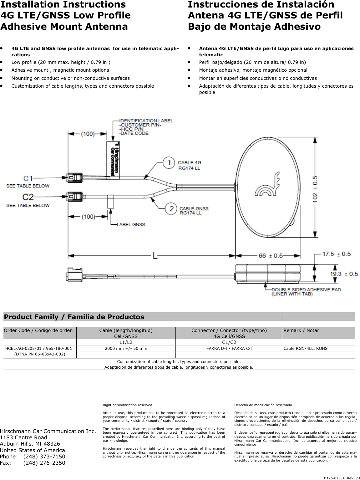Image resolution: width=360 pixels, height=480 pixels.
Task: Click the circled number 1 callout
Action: pos(169,163)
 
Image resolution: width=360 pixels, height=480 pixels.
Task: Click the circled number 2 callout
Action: pos(171,209)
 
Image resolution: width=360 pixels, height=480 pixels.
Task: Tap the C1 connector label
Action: pos(28,178)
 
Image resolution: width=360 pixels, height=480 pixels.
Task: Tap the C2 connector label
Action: pos(28,197)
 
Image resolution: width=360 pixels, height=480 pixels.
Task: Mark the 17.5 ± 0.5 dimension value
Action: pos(337,254)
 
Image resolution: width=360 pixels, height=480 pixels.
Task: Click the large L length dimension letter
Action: pos(155,256)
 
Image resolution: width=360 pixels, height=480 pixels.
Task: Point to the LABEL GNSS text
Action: pos(131,224)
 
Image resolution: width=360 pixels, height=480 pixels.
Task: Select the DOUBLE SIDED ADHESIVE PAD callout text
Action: pos(306,290)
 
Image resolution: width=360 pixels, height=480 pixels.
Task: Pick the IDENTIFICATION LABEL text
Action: pos(146,120)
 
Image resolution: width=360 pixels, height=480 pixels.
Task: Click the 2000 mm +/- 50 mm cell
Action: pos(126,348)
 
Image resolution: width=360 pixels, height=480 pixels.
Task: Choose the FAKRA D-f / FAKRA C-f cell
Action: pos(229,348)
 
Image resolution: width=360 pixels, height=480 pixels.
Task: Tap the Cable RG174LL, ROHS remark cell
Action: pos(305,348)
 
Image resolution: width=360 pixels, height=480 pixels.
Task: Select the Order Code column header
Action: pos(38,330)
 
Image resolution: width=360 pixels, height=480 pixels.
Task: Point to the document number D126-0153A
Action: pos(334,478)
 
